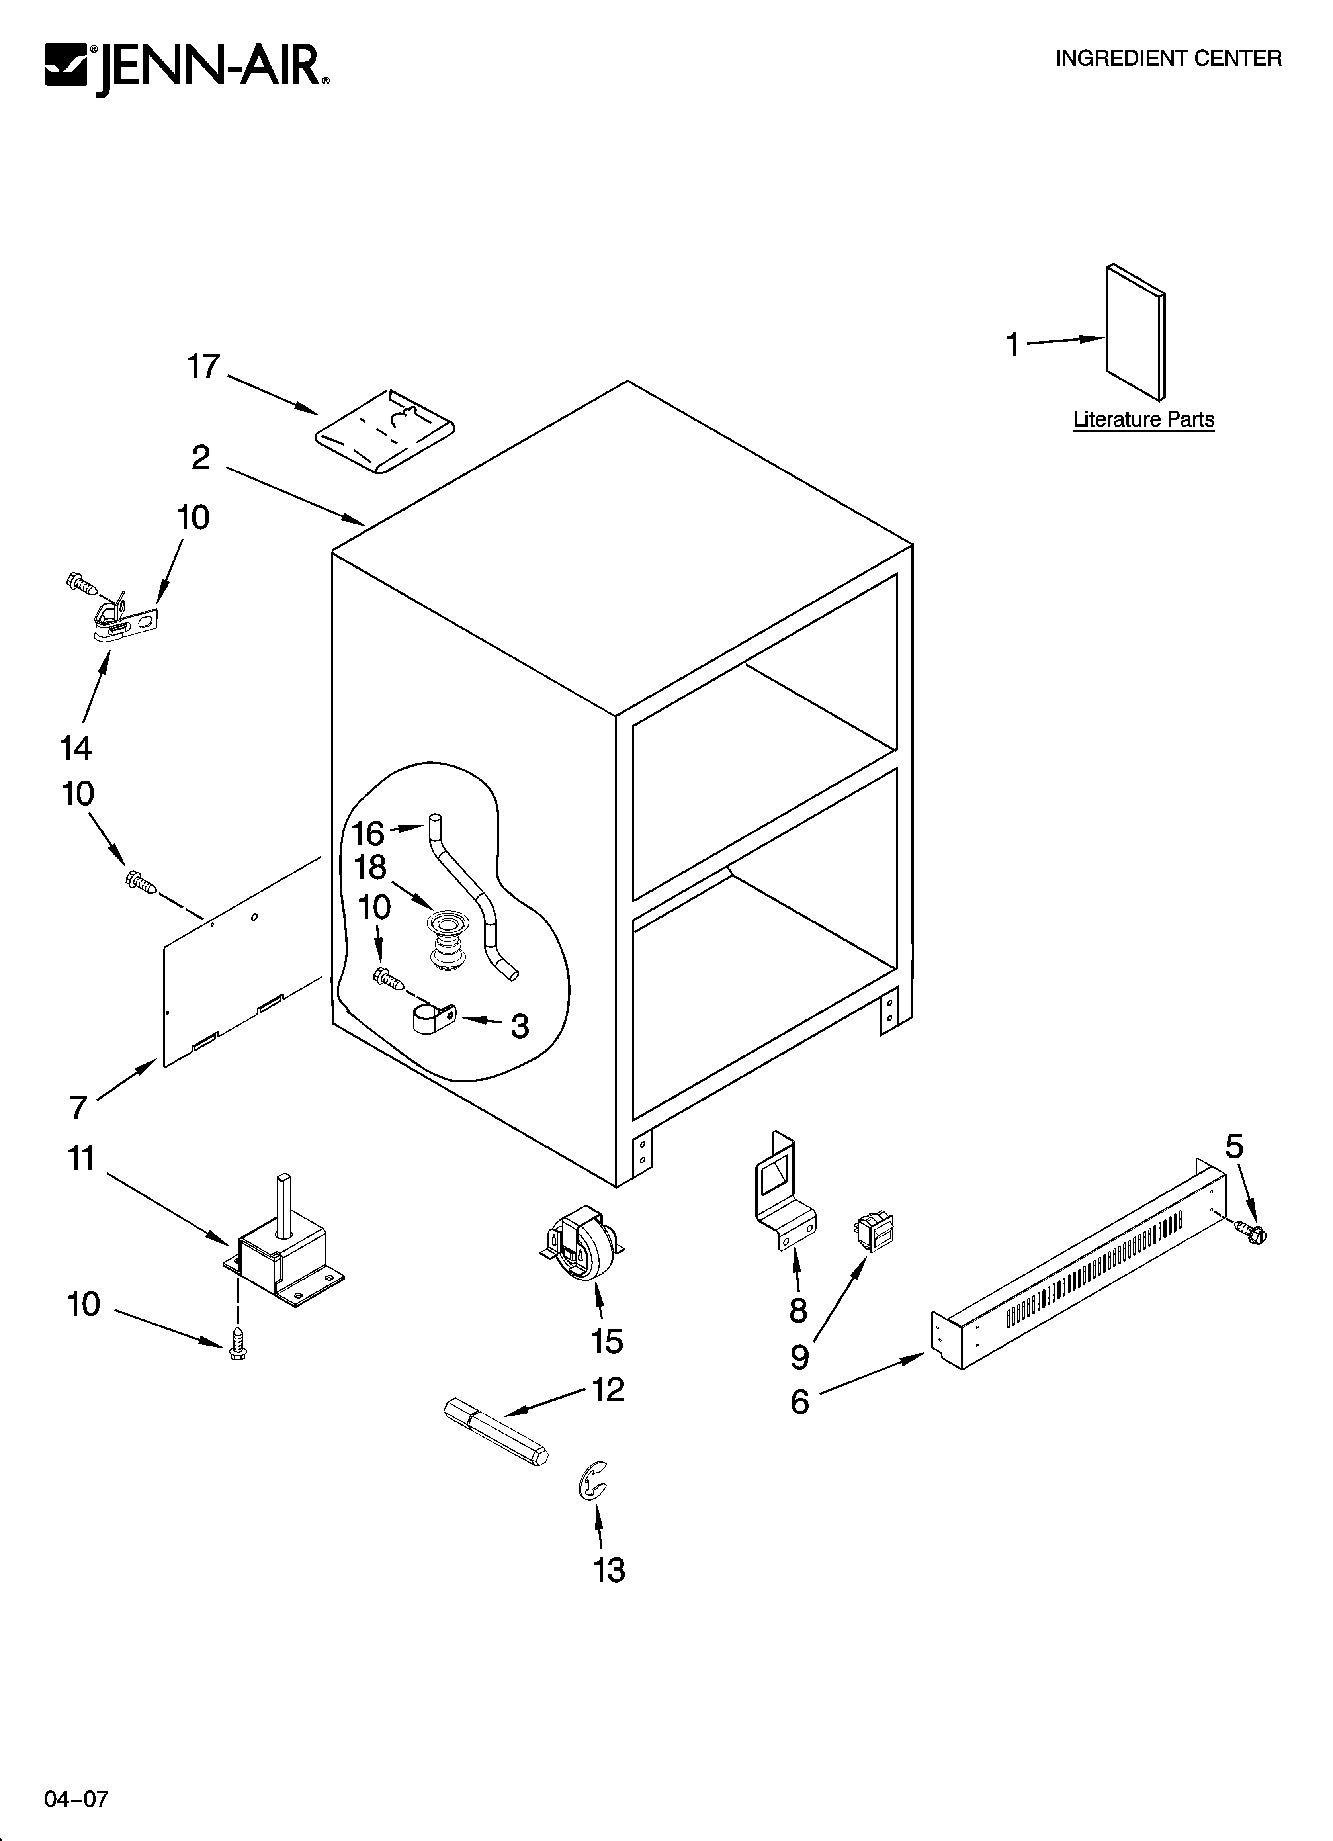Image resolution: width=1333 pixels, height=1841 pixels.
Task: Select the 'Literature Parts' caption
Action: [x=1143, y=420]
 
